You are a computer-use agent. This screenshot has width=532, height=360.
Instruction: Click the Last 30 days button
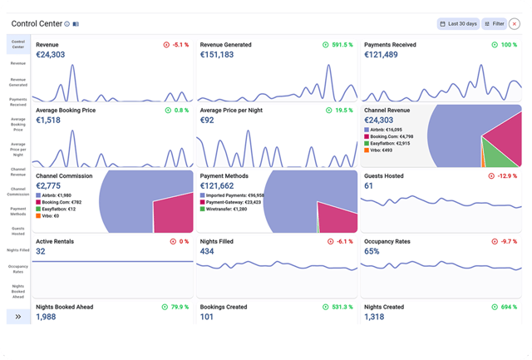coord(458,24)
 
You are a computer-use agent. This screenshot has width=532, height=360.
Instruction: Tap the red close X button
coord(515,24)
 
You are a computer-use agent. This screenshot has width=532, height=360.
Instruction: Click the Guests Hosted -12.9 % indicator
coord(503,175)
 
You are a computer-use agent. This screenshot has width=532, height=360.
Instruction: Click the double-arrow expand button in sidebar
coord(17,316)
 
